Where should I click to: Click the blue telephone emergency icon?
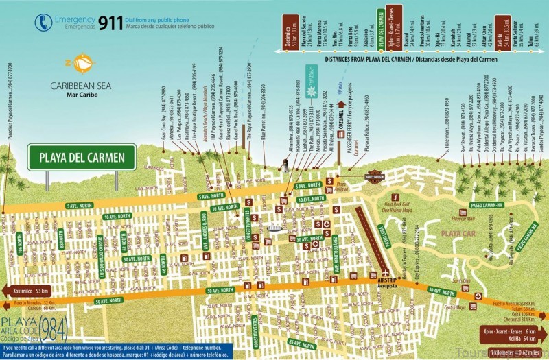pos(43,22)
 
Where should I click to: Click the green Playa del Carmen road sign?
pos(80,158)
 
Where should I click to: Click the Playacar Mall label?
pos(449,220)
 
